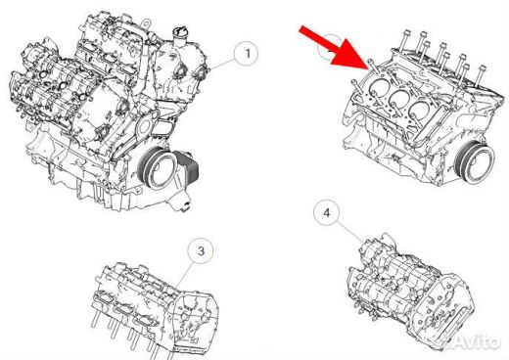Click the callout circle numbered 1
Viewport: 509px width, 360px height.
[247, 53]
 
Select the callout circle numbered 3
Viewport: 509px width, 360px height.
[201, 250]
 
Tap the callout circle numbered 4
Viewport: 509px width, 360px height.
[326, 212]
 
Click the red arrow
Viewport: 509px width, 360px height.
[336, 48]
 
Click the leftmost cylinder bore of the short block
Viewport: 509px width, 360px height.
[378, 88]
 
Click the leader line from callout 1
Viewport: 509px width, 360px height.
[222, 64]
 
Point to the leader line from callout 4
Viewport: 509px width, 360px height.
[349, 232]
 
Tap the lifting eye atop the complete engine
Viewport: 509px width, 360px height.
[147, 23]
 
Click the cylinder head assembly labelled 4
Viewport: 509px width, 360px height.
[409, 291]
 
